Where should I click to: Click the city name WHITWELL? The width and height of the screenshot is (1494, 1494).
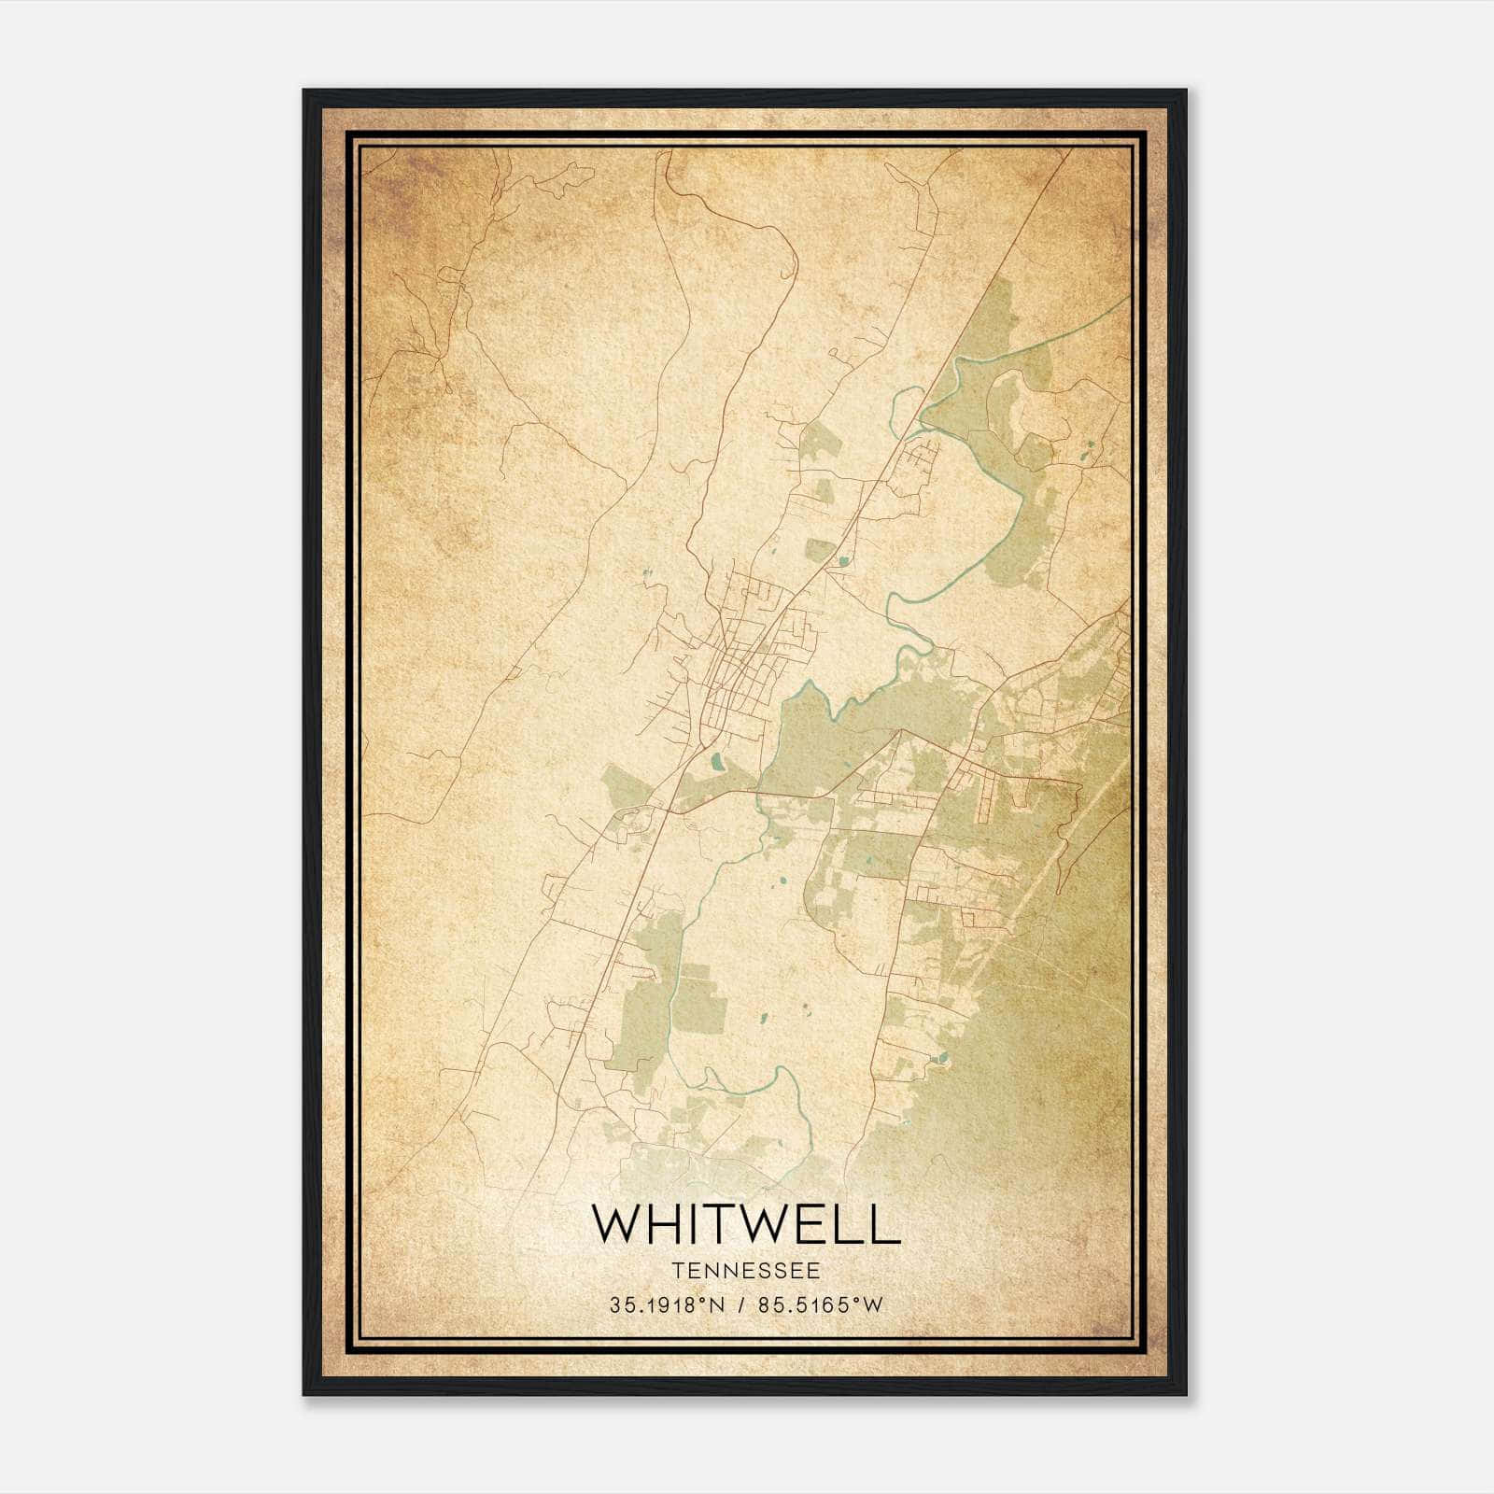point(746,1224)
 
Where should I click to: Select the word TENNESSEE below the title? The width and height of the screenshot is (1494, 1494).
point(746,1271)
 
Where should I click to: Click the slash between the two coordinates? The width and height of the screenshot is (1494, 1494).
point(741,1305)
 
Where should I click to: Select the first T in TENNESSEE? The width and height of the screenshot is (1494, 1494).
point(676,1271)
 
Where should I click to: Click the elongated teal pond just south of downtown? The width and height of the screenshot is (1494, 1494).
point(716,762)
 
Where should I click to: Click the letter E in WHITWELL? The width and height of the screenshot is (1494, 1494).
point(816,1224)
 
